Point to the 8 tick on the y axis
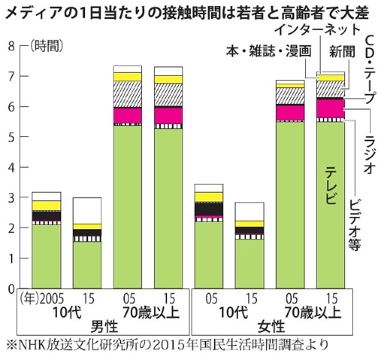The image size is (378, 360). (x=11, y=45)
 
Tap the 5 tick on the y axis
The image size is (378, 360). (x=11, y=136)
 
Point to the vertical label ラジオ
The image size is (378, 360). (x=369, y=156)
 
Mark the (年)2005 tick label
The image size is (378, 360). (x=42, y=299)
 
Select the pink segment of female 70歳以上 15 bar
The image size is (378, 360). (x=330, y=108)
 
